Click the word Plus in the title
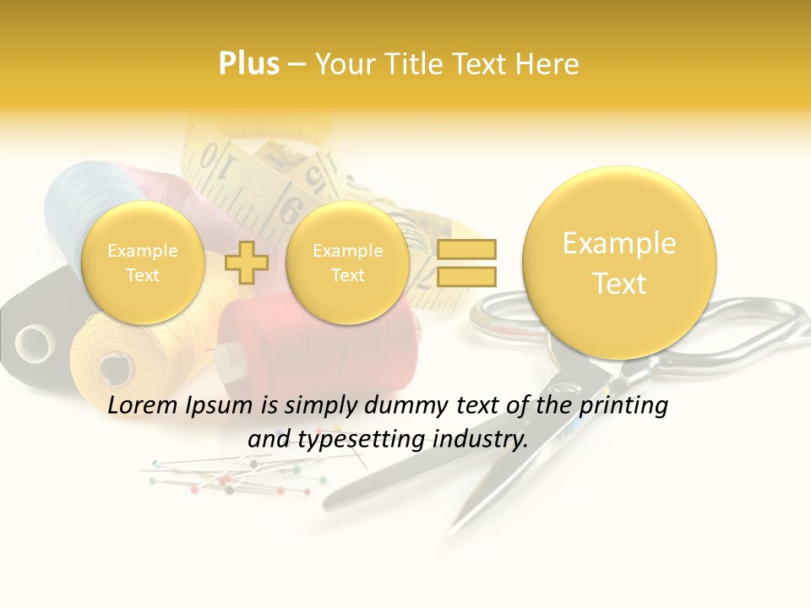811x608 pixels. pyautogui.click(x=248, y=63)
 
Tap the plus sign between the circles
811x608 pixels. pyautogui.click(x=247, y=262)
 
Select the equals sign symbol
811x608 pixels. pyautogui.click(x=465, y=262)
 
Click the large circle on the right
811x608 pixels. pyautogui.click(x=619, y=263)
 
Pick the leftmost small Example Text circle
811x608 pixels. pyautogui.click(x=143, y=263)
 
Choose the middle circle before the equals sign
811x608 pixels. pyautogui.click(x=347, y=263)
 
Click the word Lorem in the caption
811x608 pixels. pyautogui.click(x=141, y=405)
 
